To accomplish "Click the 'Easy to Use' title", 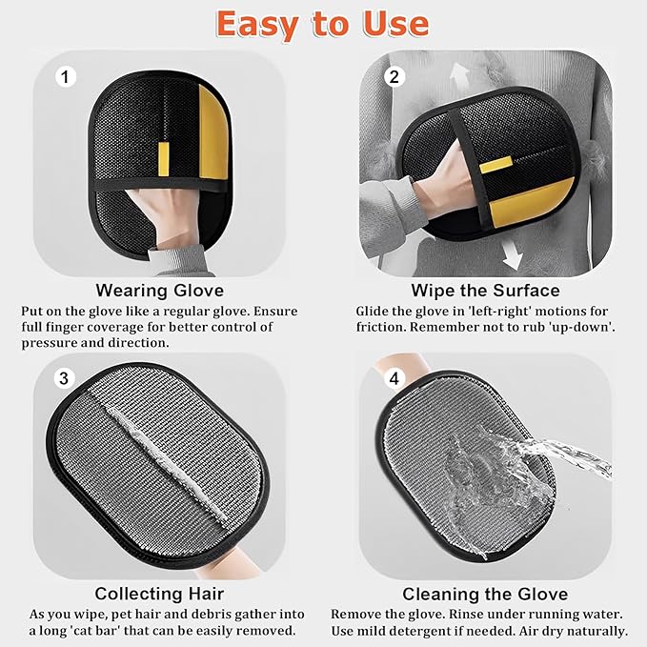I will (x=322, y=23).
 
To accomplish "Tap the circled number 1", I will (x=66, y=77).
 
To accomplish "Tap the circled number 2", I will (x=394, y=77).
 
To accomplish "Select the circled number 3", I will (x=64, y=379).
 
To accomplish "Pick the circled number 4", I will (x=394, y=379).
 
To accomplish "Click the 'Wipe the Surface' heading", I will (x=485, y=291).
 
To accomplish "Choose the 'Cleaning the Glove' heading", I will (x=485, y=594).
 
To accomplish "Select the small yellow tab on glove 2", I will (x=493, y=166).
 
